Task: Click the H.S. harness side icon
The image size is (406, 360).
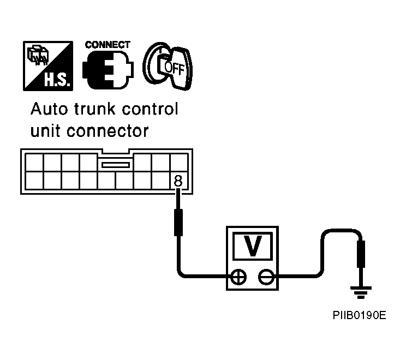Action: pyautogui.click(x=48, y=66)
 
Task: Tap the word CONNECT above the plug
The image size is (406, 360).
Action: pyautogui.click(x=108, y=45)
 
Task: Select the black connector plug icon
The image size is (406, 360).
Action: pyautogui.click(x=108, y=70)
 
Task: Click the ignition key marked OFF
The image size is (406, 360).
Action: pyautogui.click(x=168, y=66)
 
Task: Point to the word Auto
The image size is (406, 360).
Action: pyautogui.click(x=49, y=109)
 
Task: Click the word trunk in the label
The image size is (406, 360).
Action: pyautogui.click(x=94, y=109)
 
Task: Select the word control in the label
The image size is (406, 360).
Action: pyautogui.click(x=150, y=109)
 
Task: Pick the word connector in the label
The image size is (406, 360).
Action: pyautogui.click(x=108, y=131)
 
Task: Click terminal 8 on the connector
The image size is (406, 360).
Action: pyautogui.click(x=178, y=181)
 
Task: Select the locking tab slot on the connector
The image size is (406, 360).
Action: pyautogui.click(x=116, y=165)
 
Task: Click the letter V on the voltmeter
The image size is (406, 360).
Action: pyautogui.click(x=253, y=246)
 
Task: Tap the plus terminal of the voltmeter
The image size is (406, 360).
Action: pyautogui.click(x=238, y=277)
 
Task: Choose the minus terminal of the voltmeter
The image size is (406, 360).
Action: pyautogui.click(x=266, y=277)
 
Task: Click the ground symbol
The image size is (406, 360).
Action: pyautogui.click(x=361, y=292)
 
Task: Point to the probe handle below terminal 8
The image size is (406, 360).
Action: pyautogui.click(x=178, y=223)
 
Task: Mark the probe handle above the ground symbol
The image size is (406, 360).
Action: pyautogui.click(x=361, y=254)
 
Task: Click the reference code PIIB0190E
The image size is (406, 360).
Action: pyautogui.click(x=360, y=315)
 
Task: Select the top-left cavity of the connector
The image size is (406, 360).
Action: pyautogui.click(x=34, y=163)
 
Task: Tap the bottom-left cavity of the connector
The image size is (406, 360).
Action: pyautogui.click(x=34, y=181)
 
